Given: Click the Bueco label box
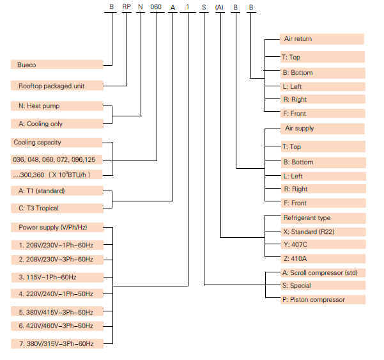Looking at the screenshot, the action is pos(57,65).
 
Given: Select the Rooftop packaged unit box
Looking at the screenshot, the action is pos(57,86).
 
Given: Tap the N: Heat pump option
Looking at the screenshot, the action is pos(57,106).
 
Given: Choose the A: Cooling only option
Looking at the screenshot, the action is pos(57,124).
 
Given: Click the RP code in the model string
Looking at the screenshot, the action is pos(127,6).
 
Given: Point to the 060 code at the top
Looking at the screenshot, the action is pos(156,6).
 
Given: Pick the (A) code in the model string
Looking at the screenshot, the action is pos(219,7).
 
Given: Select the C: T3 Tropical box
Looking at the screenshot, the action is pos(57,208).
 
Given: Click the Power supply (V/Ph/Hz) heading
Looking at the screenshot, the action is pos(57,227).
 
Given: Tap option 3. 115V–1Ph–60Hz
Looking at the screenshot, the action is pos(57,278).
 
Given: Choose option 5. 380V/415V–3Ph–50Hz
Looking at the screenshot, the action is pos(57,312).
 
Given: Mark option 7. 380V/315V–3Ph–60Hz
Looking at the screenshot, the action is pos(57,343).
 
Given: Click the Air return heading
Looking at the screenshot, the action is pos(322,39).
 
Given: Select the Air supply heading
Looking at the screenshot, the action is pos(322,129).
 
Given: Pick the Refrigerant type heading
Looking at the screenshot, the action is pos(323,218).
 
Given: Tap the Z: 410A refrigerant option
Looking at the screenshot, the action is pos(323,258).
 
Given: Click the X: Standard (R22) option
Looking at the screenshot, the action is pos(323,232).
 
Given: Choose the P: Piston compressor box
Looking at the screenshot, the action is pos(323,299).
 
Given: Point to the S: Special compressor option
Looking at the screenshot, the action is pos(323,285).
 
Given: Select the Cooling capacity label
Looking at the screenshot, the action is pos(56,143).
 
